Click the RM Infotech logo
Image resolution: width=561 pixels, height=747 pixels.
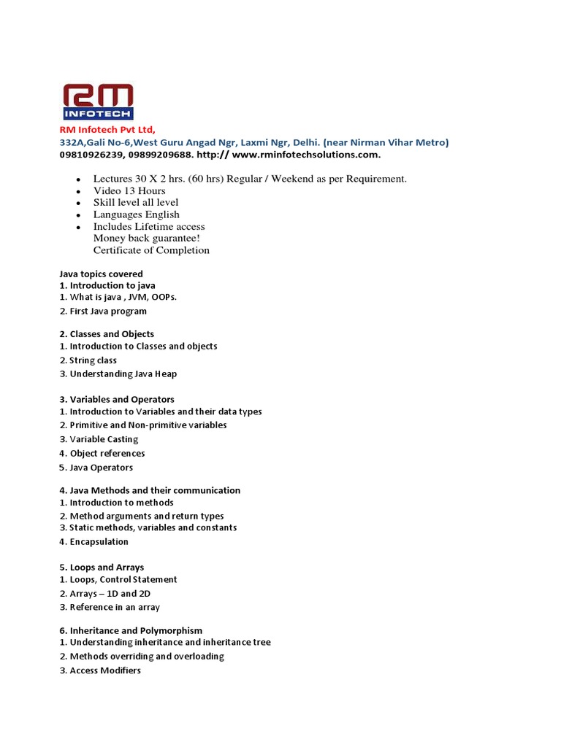96,102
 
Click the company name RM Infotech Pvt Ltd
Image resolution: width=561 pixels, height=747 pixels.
107,130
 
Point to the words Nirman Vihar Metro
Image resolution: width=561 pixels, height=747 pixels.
402,142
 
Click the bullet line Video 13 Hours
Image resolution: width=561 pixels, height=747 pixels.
129,190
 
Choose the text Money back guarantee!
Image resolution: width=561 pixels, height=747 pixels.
147,238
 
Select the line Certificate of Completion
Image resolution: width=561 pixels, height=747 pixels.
151,250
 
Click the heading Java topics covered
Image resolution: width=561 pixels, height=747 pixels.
101,274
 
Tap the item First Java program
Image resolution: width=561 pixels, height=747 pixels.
107,311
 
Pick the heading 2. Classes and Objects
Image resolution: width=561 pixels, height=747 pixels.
107,334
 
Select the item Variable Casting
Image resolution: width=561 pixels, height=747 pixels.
103,439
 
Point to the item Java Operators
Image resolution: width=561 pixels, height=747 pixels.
101,468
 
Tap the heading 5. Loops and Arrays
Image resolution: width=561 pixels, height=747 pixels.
102,568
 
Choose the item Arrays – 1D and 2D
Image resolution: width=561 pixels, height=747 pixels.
110,594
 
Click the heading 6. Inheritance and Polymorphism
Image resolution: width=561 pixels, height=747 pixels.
131,630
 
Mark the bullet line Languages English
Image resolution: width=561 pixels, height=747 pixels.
136,214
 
